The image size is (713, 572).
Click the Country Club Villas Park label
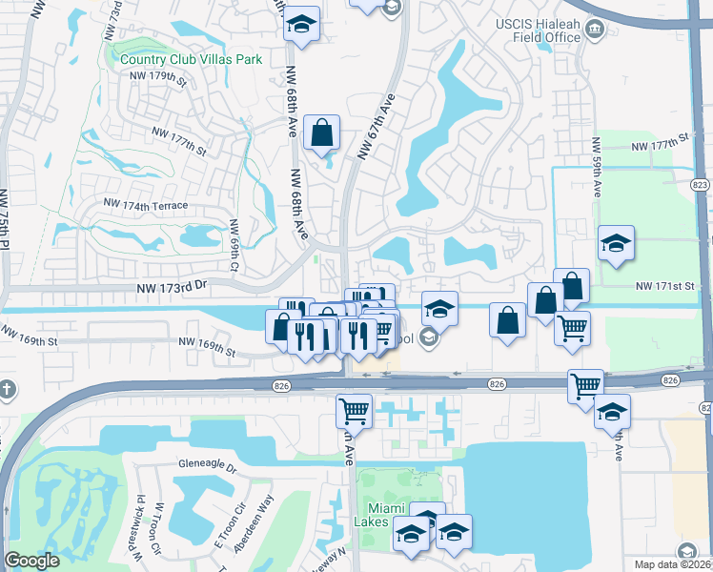(x=191, y=59)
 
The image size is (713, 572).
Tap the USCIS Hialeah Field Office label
(x=541, y=29)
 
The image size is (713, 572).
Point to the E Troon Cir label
(x=220, y=532)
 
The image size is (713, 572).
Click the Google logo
(x=32, y=561)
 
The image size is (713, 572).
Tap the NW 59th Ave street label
(x=597, y=168)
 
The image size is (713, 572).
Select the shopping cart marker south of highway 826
(x=354, y=412)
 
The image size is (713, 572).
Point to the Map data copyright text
(x=665, y=564)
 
